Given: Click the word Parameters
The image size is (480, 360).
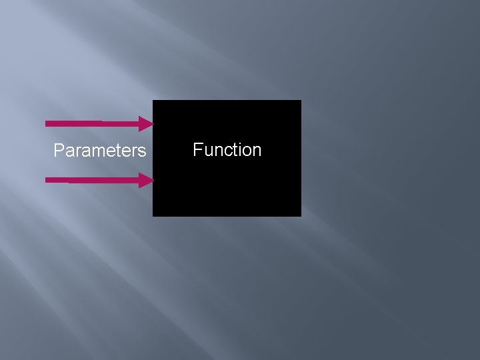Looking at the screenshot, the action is tap(99, 151).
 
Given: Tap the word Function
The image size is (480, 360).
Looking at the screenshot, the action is tap(227, 150).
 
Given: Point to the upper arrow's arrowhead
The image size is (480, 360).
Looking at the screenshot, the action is tap(147, 123).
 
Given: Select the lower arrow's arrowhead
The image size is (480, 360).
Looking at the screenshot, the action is tap(147, 180).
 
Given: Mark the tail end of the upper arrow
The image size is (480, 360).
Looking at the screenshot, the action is tap(47, 123).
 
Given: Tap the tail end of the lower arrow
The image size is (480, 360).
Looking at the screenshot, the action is tap(47, 180).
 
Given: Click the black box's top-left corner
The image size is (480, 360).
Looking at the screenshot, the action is tap(153, 101).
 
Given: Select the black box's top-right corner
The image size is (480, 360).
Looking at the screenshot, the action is tap(301, 101).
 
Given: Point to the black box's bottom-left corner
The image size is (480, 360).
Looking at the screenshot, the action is tap(153, 216).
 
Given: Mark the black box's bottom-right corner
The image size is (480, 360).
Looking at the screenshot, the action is tap(301, 216).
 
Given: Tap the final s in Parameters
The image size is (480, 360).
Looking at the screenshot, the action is tap(142, 152).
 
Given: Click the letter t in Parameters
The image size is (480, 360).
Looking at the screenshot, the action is tap(118, 151).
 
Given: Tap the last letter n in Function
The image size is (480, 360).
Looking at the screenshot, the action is tap(257, 151).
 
